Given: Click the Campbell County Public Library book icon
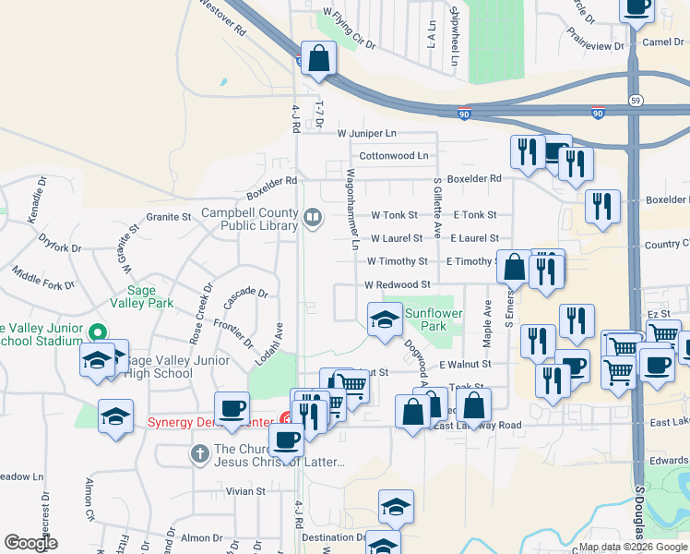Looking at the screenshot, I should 313,219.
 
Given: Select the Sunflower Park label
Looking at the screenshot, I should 426,319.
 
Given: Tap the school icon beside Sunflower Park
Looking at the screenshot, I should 385,319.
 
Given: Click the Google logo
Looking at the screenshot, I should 30,542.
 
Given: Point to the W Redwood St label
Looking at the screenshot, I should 398,285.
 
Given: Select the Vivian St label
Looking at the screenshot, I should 246,491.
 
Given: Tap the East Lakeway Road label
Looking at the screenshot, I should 477,425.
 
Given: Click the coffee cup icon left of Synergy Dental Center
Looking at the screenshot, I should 232,408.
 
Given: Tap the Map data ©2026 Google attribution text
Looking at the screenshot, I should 633,547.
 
